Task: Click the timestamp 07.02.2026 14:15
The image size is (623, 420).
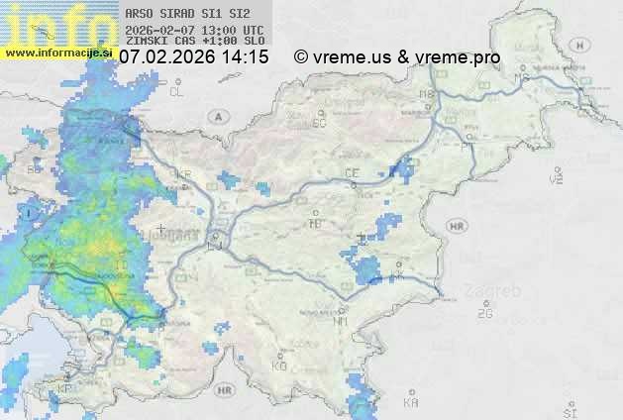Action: pos(193,57)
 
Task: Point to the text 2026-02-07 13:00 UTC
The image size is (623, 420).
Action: pos(194,29)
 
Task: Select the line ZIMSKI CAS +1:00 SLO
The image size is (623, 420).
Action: pos(194,41)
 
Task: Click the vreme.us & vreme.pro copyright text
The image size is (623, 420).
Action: pos(397,57)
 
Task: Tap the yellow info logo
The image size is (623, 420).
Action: pos(54,24)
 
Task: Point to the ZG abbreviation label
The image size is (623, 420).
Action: pos(484,314)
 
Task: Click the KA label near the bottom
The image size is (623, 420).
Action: pos(411,403)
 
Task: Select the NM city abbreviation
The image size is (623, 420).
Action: pos(341,321)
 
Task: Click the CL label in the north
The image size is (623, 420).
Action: pos(177,91)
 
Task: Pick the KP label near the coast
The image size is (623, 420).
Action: pos(64,388)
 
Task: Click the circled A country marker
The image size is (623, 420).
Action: pos(216,116)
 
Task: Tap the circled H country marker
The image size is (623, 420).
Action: pos(555,177)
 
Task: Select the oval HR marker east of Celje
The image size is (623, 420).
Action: pos(457,226)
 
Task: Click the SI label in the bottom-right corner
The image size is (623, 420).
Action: pos(569,410)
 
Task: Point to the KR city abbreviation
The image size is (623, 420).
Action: pos(183,174)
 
